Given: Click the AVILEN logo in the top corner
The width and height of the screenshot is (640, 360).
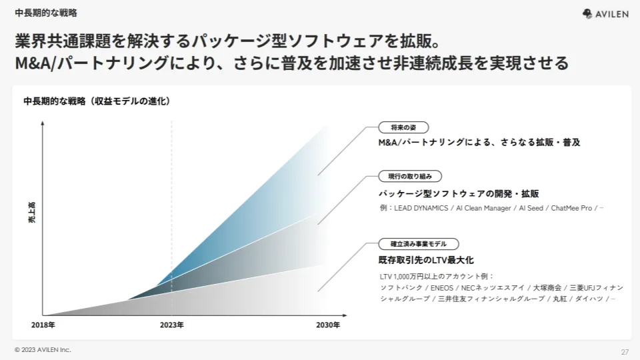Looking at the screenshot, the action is coord(605,14).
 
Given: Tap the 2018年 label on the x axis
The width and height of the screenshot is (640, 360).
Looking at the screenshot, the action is coord(43,325).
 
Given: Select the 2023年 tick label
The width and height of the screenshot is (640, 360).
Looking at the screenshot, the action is coord(171,325).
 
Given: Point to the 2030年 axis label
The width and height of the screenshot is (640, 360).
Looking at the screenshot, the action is coord(328,325).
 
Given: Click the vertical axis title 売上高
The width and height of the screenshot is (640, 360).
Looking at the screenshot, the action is coord(32,212).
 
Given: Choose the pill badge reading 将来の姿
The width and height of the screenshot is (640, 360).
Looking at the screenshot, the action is coord(403,127).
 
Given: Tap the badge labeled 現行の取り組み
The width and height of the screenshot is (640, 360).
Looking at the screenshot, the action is coord(410,176).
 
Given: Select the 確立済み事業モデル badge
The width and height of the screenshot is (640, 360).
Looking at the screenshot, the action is coord(419,244).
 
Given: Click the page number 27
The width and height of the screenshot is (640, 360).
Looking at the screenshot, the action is coord(625,352).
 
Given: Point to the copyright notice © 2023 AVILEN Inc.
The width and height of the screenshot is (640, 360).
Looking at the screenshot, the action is coord(43,350).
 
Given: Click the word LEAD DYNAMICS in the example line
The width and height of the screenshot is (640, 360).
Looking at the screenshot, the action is coord(421,208).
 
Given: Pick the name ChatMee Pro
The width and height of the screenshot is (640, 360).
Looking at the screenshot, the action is coord(571,208).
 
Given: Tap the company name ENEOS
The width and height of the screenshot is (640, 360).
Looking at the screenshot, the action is coord(441,288).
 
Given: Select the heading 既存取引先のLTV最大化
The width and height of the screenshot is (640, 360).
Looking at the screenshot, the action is coord(426,260).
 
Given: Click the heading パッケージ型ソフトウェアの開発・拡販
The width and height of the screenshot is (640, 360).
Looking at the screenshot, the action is coord(459,193).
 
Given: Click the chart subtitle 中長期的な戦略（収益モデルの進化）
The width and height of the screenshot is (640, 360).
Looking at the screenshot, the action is coord(97,101).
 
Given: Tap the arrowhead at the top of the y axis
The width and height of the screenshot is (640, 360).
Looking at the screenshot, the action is coord(43,123).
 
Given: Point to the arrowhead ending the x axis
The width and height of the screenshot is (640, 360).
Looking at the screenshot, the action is coord(345,315).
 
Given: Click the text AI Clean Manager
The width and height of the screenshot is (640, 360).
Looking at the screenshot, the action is coord(483,208).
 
